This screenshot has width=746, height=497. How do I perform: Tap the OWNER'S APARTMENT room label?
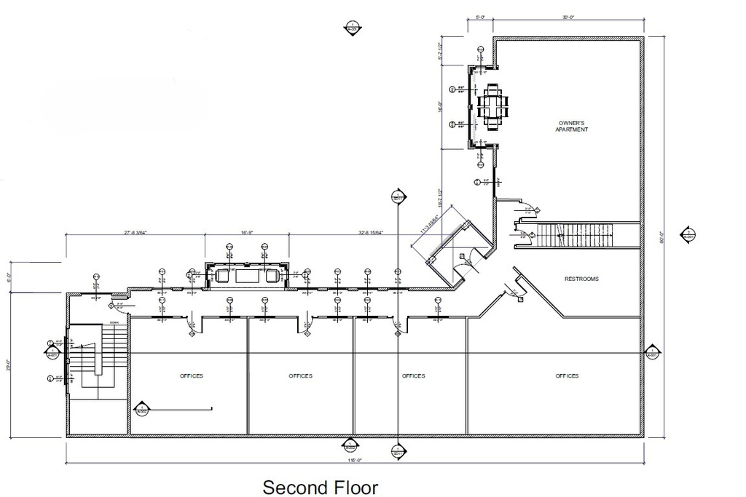[x=572, y=126]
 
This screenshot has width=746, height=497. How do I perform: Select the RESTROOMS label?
[x=581, y=279]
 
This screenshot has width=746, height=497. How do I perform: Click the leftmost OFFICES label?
[x=191, y=376]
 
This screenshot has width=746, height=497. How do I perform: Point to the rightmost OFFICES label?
[x=567, y=376]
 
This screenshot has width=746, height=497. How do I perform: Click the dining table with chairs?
[x=493, y=107]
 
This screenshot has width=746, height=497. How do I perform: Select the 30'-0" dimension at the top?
[x=568, y=16]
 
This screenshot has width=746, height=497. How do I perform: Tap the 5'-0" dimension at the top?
[x=481, y=16]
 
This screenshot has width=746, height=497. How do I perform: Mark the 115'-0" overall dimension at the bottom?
[x=355, y=461]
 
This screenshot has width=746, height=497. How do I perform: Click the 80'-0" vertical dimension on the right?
[x=662, y=236]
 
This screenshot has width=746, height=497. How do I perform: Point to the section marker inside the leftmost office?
[x=141, y=409]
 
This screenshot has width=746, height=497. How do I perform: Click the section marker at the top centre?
[x=352, y=27]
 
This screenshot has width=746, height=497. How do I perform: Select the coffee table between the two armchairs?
[x=246, y=276]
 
